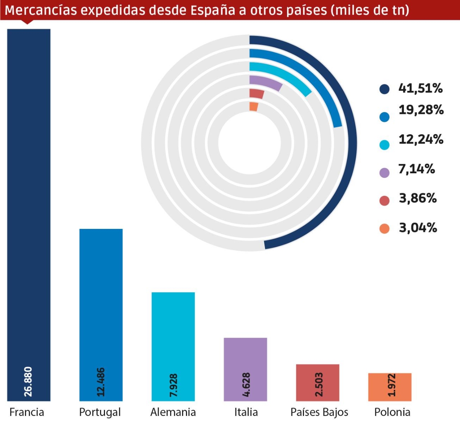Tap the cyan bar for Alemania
click(173, 337)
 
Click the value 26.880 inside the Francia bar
click(28, 381)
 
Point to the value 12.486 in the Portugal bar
click(100, 382)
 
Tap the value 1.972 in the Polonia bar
click(391, 385)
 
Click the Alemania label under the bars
click(173, 412)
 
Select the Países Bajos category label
click(319, 412)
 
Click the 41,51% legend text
click(421, 89)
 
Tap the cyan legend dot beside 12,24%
click(384, 145)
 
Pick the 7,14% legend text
click(417, 169)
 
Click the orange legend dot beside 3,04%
click(384, 229)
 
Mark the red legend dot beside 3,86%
click(384, 200)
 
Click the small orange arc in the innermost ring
click(253, 107)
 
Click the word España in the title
click(210, 10)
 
